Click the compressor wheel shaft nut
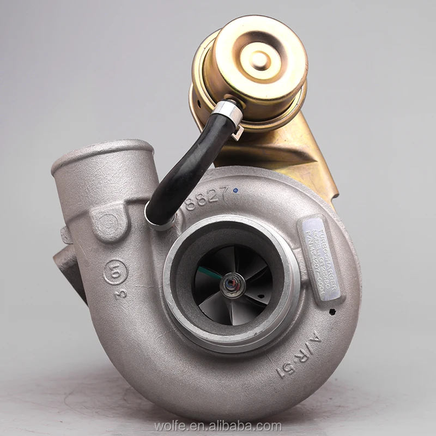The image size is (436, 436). pos(233,285)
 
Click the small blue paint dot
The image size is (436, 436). pos(235,191)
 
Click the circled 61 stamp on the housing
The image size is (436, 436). pos(116,271)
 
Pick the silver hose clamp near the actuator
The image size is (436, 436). pos(228,113)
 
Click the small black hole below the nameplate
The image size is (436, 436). pos(331,312)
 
